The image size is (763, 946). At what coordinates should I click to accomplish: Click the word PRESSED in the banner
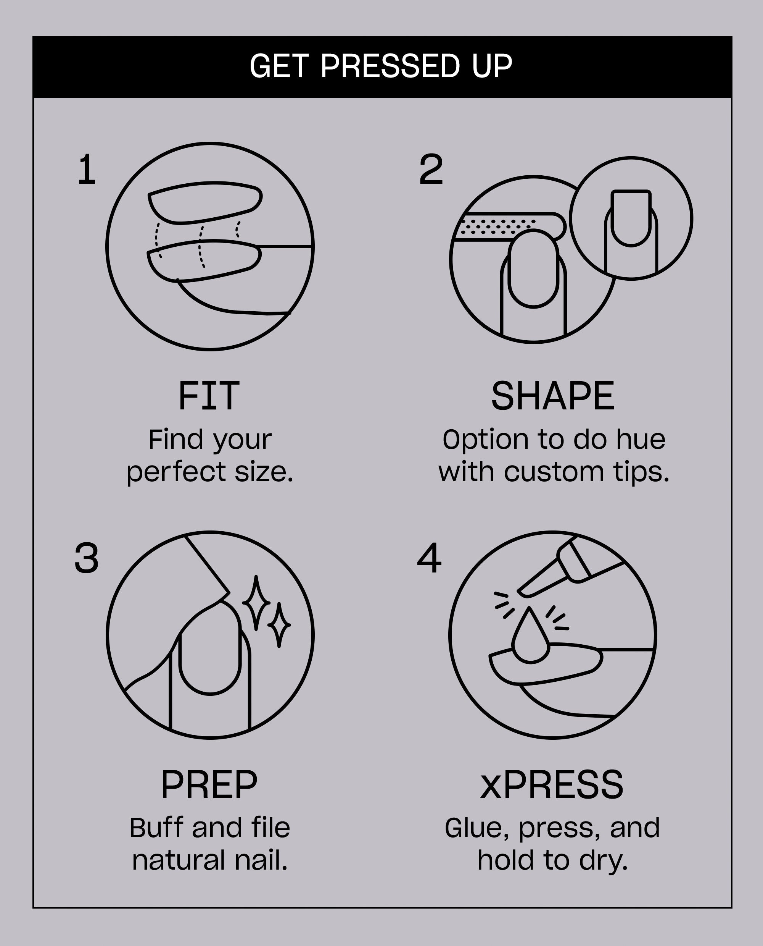(390, 66)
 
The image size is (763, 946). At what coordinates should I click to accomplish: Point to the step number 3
(86, 558)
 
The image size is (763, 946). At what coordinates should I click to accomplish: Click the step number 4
(428, 558)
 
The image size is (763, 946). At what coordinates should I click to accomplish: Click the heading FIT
(209, 396)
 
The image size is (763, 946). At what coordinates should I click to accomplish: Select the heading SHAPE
(552, 396)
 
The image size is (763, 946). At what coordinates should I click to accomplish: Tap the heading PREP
(209, 785)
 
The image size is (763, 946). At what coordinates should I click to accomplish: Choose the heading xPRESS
(552, 785)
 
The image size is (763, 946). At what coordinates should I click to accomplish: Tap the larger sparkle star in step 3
(256, 602)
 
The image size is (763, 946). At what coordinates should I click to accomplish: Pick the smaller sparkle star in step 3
(279, 625)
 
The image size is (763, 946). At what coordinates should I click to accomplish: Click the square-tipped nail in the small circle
(631, 218)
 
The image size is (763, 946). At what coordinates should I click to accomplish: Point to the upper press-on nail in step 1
(205, 203)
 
